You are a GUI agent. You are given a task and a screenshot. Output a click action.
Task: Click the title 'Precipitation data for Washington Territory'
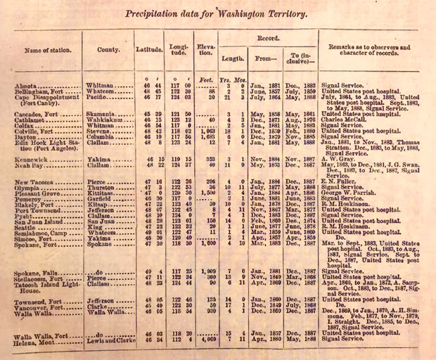click(219, 13)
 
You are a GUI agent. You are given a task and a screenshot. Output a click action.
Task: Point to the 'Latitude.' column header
click(148, 51)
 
